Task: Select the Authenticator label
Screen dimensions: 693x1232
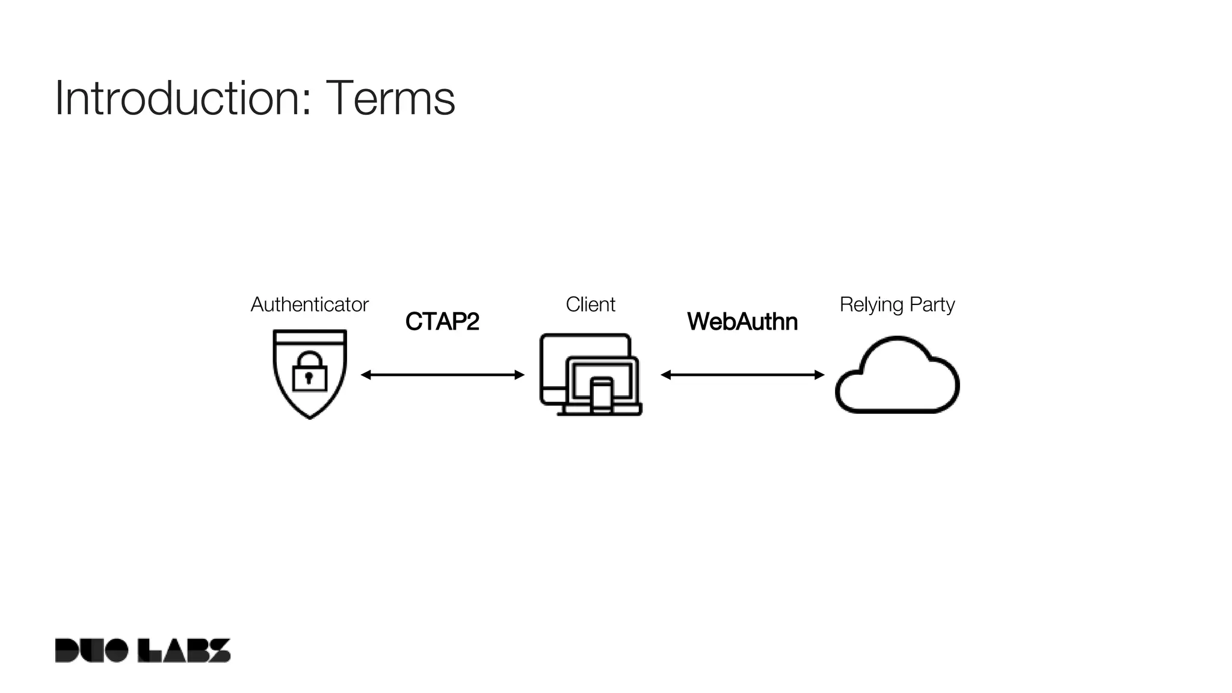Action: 309,304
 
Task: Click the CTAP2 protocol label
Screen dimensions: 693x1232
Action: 442,322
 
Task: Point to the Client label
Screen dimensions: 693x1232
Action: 590,304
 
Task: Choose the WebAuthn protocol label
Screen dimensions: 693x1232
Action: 742,322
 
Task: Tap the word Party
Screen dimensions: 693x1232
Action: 932,304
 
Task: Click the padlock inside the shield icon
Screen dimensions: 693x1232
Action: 309,373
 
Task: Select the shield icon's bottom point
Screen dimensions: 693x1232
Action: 310,416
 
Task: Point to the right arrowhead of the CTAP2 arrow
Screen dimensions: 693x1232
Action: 520,375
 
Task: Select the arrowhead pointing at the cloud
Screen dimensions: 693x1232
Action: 820,375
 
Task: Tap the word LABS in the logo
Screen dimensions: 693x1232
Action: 184,650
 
